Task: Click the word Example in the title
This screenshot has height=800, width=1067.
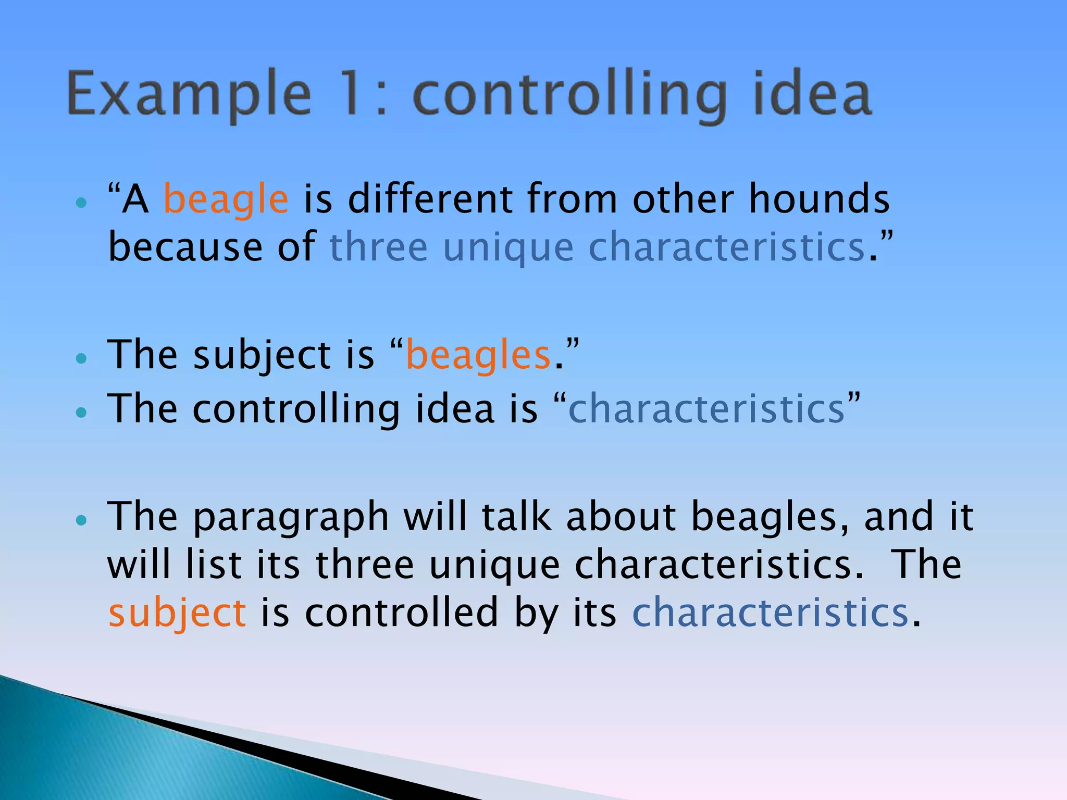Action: coord(189,95)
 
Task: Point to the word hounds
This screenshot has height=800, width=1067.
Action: coord(819,199)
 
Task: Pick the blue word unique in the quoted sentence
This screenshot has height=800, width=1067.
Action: coord(508,248)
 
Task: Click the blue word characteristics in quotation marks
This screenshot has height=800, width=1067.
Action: coord(706,409)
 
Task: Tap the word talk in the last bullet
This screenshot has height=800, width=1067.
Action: coord(516,517)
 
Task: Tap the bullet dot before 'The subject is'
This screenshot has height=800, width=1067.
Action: coord(81,358)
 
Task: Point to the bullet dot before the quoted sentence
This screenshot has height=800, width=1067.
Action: coord(81,203)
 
